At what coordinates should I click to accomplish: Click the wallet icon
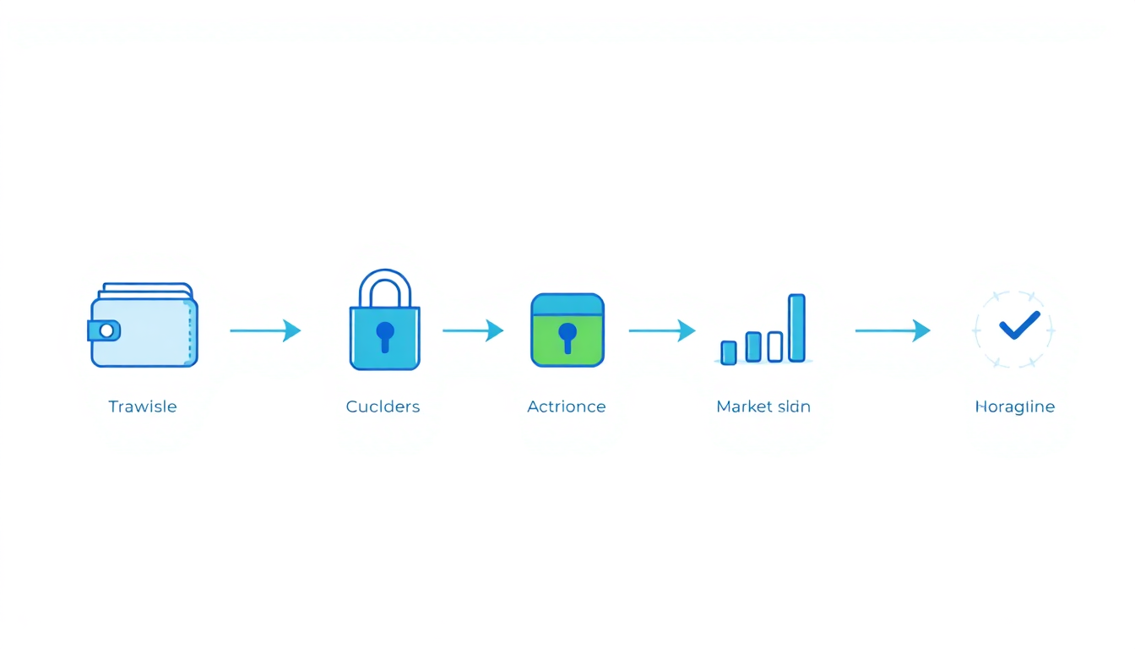[144, 326]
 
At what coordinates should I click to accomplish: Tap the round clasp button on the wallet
[106, 330]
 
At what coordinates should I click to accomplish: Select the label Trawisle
[143, 406]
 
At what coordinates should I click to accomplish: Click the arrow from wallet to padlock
[265, 330]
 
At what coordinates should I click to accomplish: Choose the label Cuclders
[383, 406]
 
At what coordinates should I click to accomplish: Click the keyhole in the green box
[567, 336]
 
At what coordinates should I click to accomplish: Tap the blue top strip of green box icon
[567, 304]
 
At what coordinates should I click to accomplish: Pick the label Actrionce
[567, 406]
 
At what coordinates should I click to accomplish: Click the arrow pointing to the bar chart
[662, 330]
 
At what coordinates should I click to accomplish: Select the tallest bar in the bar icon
[796, 328]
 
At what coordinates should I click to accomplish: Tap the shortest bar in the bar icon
[729, 352]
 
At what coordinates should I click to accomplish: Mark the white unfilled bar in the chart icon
[774, 346]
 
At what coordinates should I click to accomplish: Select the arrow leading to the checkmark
[893, 330]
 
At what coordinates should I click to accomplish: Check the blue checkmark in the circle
[1018, 325]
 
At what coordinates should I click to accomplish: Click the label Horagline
[1015, 406]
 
